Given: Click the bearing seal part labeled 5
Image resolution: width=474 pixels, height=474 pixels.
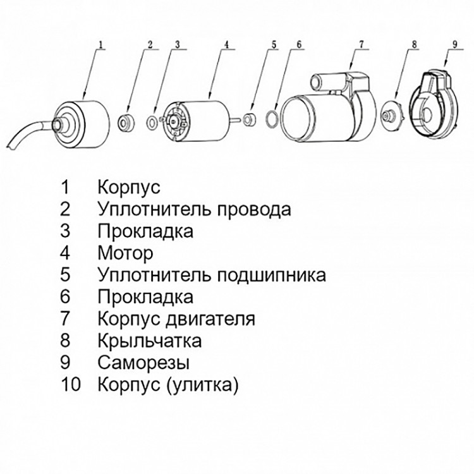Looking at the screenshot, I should click(249, 118).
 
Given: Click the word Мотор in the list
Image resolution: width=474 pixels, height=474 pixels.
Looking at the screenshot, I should click(125, 253).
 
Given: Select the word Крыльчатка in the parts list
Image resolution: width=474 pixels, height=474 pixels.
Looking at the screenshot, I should click(150, 341).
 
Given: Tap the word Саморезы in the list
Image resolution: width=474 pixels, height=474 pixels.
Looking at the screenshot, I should click(143, 363).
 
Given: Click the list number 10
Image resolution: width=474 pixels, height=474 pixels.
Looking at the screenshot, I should click(71, 385).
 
